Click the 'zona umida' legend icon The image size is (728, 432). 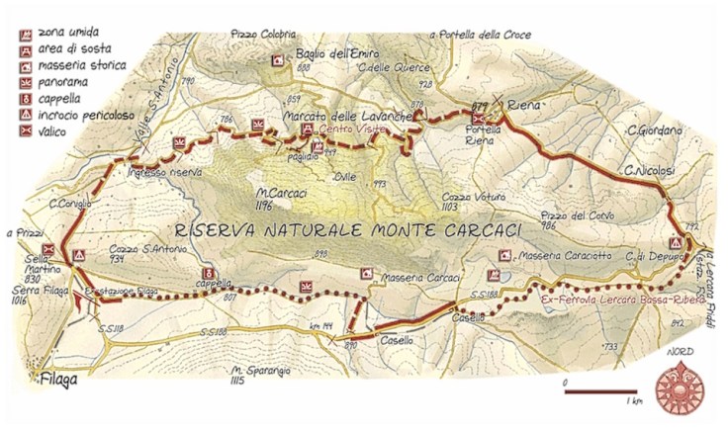point(21,33)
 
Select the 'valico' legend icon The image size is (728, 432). point(21,129)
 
